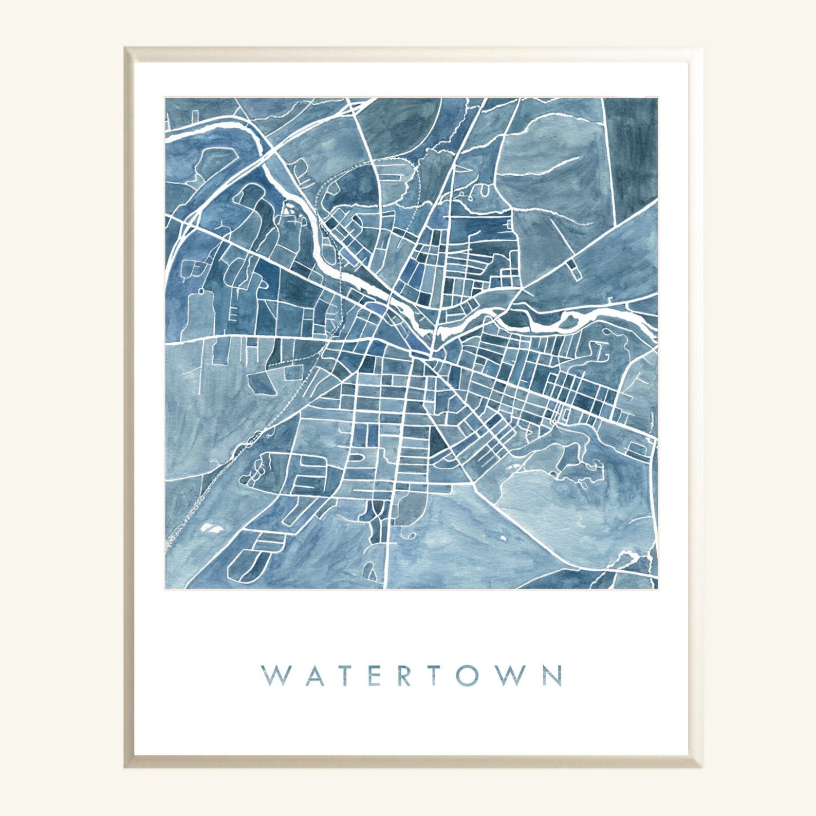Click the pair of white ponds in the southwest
pyautogui.click(x=211, y=527)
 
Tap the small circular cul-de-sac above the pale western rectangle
pyautogui.click(x=199, y=292)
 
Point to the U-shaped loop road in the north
pyautogui.click(x=483, y=191)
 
